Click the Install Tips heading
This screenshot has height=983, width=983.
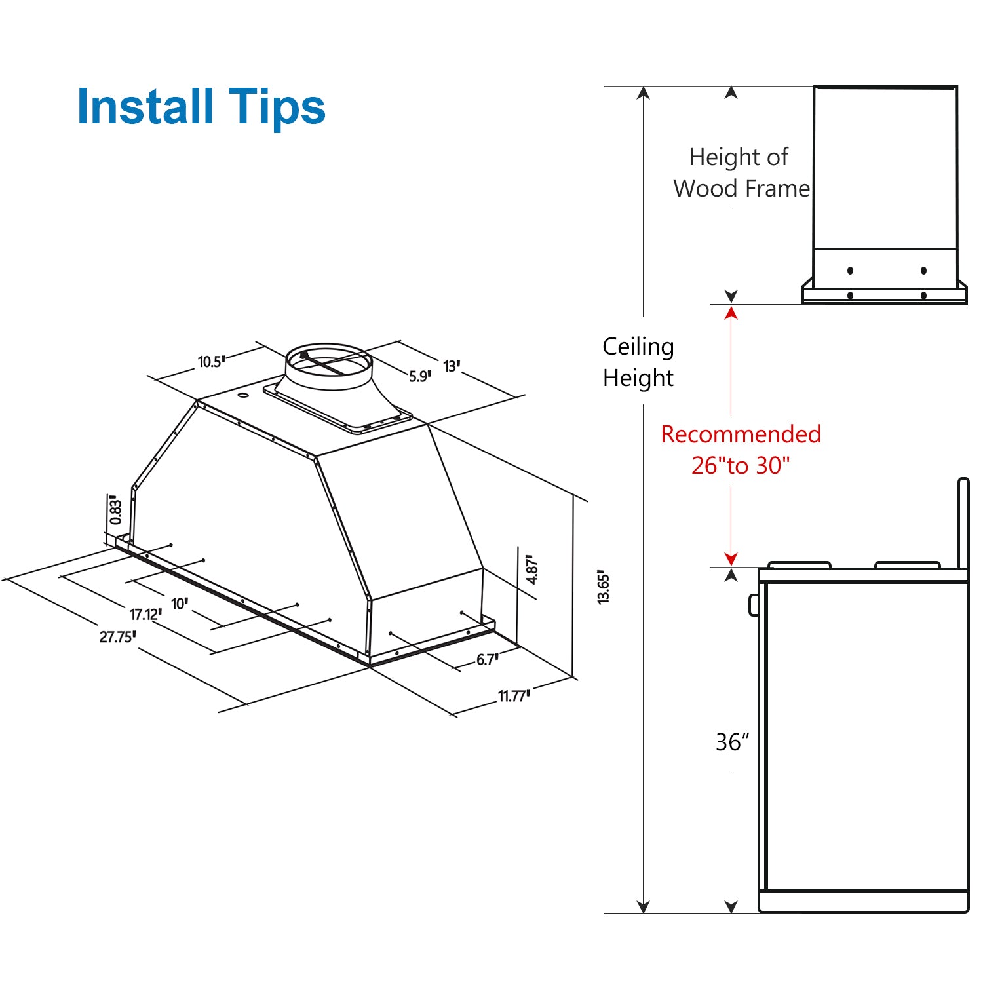(x=201, y=107)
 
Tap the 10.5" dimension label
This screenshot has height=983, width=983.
(x=211, y=362)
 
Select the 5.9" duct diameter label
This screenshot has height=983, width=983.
(x=419, y=376)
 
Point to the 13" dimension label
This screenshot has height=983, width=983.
(x=452, y=366)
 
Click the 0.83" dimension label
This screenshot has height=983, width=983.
(x=116, y=510)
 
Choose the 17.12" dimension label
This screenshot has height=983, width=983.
(x=145, y=614)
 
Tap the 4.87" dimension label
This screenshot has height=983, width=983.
(x=532, y=569)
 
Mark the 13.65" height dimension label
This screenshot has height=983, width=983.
(x=604, y=587)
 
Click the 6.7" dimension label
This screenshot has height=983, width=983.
(x=487, y=659)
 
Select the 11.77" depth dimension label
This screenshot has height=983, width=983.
(x=514, y=696)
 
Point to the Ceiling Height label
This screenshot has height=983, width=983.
(x=638, y=362)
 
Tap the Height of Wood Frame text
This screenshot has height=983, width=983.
(x=741, y=173)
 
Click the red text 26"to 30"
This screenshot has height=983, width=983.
(x=741, y=465)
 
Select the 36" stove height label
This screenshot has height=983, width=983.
(x=732, y=742)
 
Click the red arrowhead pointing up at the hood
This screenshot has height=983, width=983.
(x=731, y=313)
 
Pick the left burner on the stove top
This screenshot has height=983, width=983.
(x=799, y=564)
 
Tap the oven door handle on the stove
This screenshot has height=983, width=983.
(x=754, y=604)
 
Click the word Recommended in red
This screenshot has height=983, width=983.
(x=741, y=434)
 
